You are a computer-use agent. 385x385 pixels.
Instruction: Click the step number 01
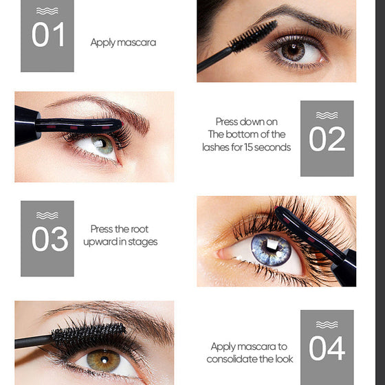pyautogui.click(x=48, y=34)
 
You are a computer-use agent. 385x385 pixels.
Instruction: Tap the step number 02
pyautogui.click(x=327, y=139)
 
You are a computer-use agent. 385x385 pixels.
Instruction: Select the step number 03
pyautogui.click(x=49, y=239)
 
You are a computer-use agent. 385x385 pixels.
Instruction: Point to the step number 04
pyautogui.click(x=327, y=348)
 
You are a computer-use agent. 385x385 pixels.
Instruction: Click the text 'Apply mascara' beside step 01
pyautogui.click(x=123, y=43)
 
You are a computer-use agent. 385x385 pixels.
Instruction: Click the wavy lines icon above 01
pyautogui.click(x=47, y=11)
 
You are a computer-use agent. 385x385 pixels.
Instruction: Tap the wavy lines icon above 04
pyautogui.click(x=327, y=324)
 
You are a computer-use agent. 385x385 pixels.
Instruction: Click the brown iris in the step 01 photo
pyautogui.click(x=293, y=51)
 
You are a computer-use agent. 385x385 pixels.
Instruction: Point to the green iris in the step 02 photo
pyautogui.click(x=102, y=144)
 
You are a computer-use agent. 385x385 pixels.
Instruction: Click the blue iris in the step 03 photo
pyautogui.click(x=271, y=250)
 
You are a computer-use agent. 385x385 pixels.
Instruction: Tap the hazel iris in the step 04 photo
pyautogui.click(x=104, y=360)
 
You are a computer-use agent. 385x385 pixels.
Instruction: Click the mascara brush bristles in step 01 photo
pyautogui.click(x=254, y=36)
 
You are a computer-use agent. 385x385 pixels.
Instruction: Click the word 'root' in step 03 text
pyautogui.click(x=140, y=230)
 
